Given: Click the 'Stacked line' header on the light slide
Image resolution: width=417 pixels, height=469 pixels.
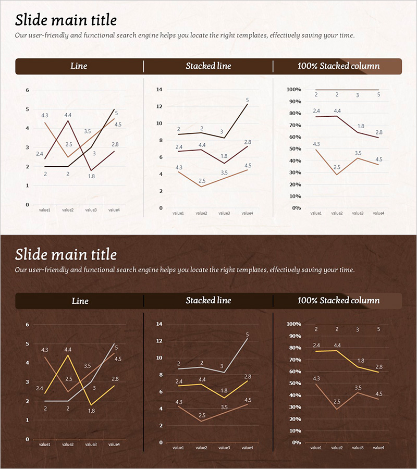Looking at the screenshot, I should point(208,66).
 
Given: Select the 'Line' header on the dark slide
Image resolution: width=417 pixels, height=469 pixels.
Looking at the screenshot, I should point(80,301).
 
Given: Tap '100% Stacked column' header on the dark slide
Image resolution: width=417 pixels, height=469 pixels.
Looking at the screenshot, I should point(338,301).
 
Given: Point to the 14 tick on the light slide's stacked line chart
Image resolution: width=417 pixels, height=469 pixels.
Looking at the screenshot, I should point(160,90).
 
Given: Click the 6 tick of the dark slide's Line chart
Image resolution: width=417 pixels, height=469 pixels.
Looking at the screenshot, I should point(27,325).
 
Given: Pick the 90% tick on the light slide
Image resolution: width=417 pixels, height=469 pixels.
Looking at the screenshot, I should point(294,102).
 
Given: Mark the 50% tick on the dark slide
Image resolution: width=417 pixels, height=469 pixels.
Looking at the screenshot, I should point(294,384).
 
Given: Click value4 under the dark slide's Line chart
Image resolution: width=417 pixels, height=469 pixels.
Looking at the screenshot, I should point(114,445).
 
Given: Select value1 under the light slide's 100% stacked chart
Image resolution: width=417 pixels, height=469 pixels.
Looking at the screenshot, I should point(316,213).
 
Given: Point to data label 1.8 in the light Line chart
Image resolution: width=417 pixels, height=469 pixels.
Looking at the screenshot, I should point(91,176).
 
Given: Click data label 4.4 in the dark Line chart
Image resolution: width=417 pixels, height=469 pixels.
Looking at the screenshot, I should point(68,350).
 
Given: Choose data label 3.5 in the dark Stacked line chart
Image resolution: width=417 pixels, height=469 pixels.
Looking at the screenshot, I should point(224,407).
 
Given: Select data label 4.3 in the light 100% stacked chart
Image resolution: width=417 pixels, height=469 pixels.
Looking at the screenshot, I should point(316,144).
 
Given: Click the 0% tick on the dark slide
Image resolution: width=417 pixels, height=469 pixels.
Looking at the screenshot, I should point(296,442).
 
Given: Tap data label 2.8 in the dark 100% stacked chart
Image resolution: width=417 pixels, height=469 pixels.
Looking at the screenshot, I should point(379,367).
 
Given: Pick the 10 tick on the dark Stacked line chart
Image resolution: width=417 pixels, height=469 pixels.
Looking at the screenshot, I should point(160,358).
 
